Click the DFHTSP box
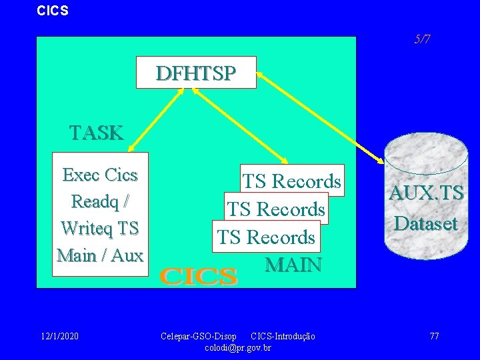coord(196,73)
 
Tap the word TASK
coord(97,133)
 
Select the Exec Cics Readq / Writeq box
coord(100,214)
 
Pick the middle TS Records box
coord(276,209)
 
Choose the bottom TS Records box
coord(266,237)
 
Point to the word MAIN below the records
coord(293,265)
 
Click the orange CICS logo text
coord(199,276)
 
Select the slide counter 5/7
coord(421,39)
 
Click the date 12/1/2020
coord(59,336)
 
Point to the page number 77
coord(434,336)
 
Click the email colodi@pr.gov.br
coord(238,347)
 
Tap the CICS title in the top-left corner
coord(53,11)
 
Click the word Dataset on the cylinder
coord(426,223)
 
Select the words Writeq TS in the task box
coord(100,228)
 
